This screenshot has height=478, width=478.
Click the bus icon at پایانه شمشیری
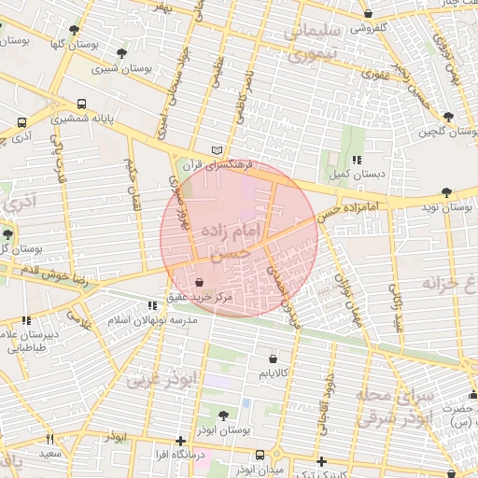pos(83,105)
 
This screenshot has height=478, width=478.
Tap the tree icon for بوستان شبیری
pos(123,53)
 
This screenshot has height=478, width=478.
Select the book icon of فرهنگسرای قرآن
pos(218,150)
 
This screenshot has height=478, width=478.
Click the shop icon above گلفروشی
pos(370,15)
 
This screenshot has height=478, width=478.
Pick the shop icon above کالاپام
pos(272,358)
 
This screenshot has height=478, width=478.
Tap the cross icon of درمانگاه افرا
pos(180,441)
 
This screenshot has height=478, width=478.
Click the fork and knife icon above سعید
pos(49,439)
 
